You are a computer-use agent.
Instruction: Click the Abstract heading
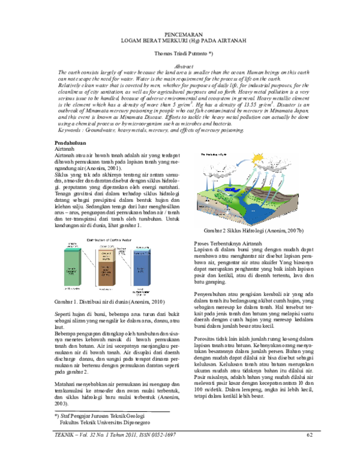coord(180,65)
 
